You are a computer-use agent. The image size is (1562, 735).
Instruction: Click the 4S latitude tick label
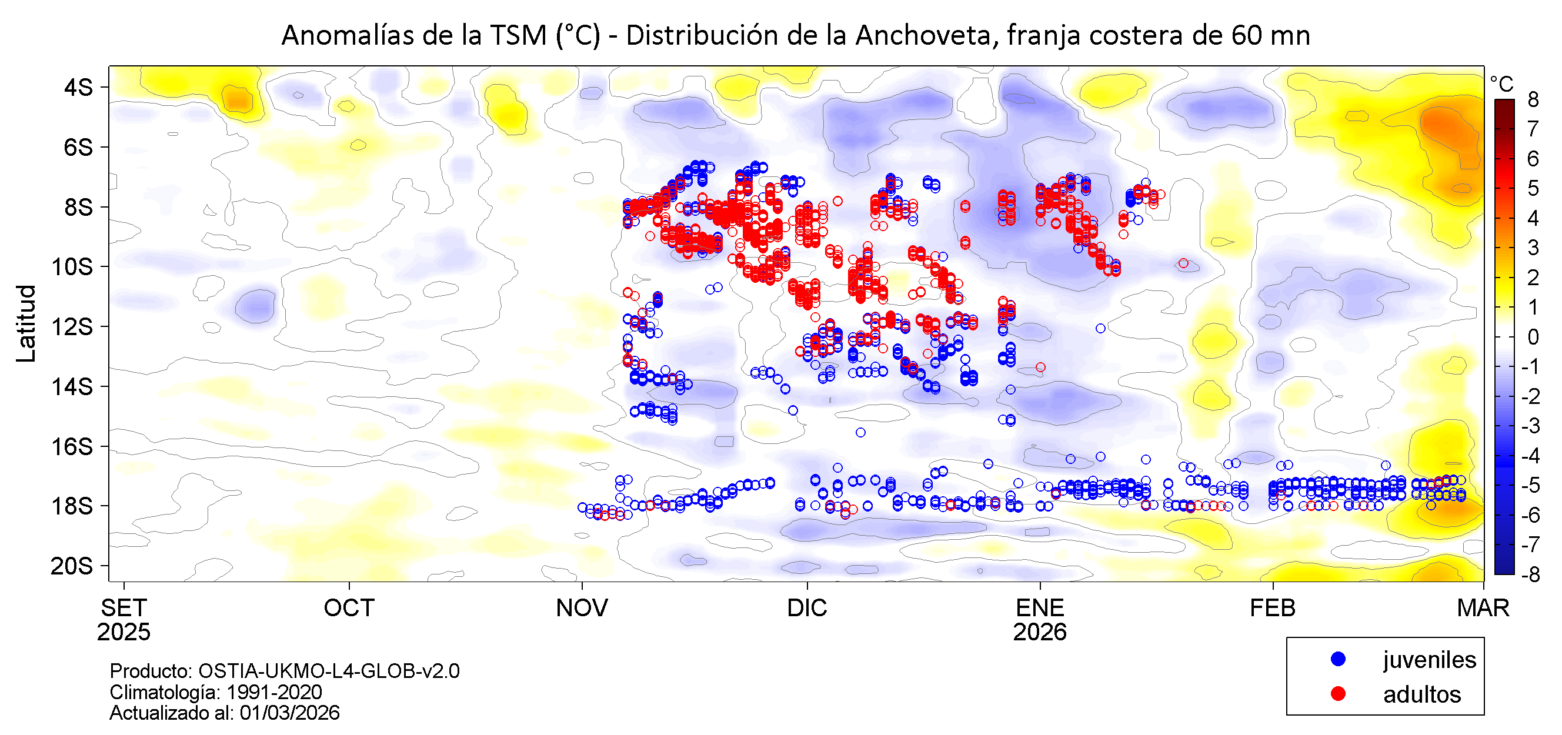(78, 88)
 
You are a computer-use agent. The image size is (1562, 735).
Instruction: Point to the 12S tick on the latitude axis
(72, 326)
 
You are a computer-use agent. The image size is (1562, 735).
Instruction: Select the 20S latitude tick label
(72, 566)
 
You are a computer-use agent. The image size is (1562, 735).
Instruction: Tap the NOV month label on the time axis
(582, 607)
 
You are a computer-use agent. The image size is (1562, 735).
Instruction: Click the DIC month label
(806, 607)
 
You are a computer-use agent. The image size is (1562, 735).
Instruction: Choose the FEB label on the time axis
(1272, 607)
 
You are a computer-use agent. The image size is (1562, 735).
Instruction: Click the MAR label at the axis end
(1483, 607)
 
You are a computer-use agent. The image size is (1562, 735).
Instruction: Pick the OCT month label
(349, 607)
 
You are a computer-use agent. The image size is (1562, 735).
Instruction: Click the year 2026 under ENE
(1039, 632)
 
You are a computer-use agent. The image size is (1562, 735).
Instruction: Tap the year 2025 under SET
(124, 632)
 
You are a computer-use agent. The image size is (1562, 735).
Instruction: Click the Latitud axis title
(26, 323)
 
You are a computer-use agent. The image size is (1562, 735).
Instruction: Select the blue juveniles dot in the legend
(1338, 659)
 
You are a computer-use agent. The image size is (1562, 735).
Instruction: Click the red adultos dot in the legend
(1338, 694)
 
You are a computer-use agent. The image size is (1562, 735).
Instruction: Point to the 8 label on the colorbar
(1533, 99)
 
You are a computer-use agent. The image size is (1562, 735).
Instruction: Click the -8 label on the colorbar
(1530, 574)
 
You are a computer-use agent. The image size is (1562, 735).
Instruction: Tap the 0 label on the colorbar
(1533, 336)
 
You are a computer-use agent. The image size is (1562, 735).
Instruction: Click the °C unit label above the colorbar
(1501, 83)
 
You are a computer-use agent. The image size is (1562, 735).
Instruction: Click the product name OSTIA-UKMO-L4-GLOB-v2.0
(329, 671)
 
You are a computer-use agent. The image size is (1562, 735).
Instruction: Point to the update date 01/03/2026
(289, 713)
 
